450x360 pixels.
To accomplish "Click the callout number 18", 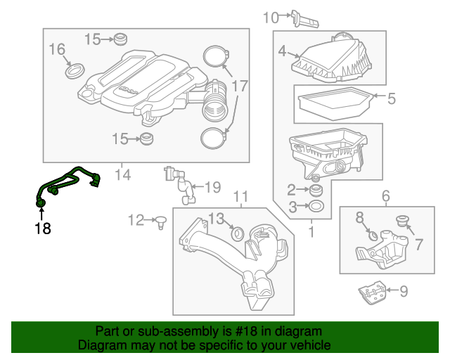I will [43, 228].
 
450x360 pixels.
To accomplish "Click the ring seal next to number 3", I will [316, 206].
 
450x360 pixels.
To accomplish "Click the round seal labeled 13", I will [238, 232].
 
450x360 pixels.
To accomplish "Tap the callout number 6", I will [385, 196].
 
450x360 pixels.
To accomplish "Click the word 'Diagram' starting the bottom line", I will [100, 346].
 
